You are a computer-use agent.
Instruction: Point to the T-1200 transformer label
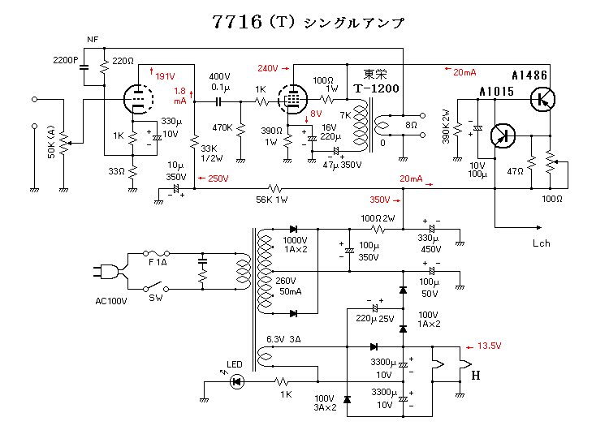[376, 88]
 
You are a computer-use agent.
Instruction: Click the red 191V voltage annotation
[164, 75]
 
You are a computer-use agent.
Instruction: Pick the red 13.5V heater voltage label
[489, 345]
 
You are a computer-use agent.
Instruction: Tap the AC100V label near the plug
[111, 301]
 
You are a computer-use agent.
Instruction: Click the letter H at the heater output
[475, 375]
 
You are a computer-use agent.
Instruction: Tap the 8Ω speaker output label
[411, 127]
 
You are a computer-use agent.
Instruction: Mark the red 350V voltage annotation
[379, 200]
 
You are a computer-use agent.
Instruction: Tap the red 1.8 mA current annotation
[180, 96]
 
